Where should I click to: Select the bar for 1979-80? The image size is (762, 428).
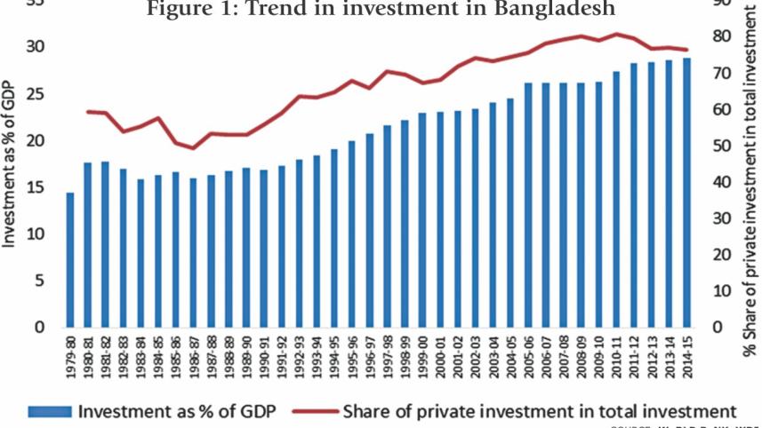tap(70, 259)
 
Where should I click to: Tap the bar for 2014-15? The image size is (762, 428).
tap(686, 192)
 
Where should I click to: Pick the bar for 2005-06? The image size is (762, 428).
tap(527, 204)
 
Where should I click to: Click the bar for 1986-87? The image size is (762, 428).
tap(193, 252)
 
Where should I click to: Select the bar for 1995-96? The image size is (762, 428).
tap(351, 234)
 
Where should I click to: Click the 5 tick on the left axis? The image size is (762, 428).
tap(40, 281)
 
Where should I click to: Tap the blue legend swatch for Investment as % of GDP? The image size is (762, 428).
tap(50, 412)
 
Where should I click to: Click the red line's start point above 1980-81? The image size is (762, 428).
tap(88, 111)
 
